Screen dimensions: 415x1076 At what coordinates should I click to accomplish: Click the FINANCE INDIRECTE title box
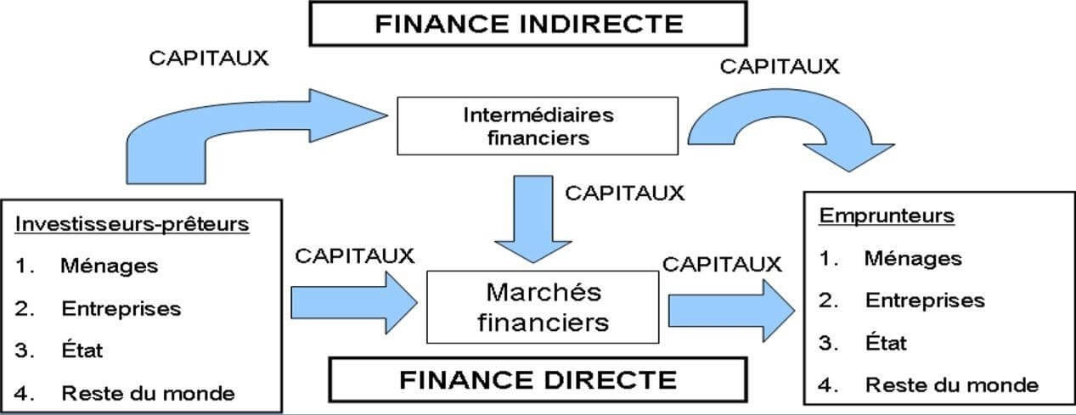click(527, 23)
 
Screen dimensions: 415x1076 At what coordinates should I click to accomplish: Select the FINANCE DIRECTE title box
click(538, 379)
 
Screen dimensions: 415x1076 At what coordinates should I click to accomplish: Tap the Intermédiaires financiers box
click(538, 126)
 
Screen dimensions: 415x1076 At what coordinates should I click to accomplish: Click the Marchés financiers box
click(544, 306)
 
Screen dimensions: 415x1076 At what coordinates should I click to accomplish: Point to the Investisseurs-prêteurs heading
click(132, 224)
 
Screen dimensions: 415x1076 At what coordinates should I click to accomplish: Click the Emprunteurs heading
click(887, 216)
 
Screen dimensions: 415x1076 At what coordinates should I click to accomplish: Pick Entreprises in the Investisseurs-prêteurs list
click(121, 308)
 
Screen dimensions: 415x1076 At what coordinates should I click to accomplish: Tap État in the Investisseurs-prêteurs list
click(82, 350)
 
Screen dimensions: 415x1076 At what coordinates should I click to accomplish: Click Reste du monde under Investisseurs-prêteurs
click(148, 393)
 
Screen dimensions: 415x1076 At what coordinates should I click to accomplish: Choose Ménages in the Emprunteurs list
click(913, 258)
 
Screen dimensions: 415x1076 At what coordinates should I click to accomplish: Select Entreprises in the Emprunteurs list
click(925, 300)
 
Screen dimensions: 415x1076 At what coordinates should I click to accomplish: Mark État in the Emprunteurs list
click(886, 342)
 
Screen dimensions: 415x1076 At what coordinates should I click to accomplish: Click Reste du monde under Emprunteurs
click(951, 384)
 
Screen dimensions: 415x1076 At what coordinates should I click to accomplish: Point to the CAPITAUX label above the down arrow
click(624, 193)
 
